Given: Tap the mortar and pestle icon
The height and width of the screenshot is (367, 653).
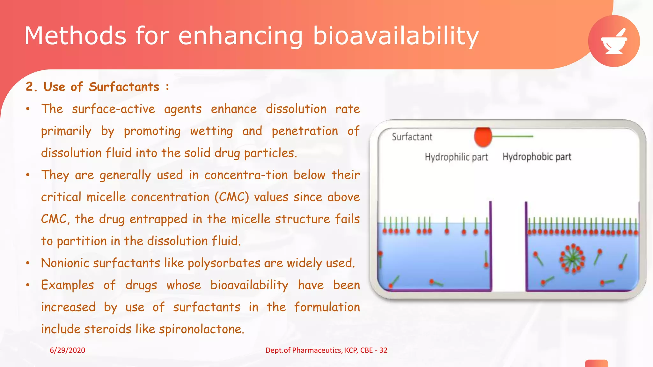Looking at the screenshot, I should coord(614,41).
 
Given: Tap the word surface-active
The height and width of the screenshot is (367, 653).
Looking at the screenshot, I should coord(114,109).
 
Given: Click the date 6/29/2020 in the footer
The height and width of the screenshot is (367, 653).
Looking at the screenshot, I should coord(67,350).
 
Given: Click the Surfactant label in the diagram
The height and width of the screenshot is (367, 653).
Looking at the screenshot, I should coord(412,137).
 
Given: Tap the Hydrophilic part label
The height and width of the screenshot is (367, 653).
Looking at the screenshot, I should coord(456,157).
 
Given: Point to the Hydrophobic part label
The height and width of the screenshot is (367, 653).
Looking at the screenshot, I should coord(537,157).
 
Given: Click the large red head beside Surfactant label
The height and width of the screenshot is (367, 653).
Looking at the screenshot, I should coord(483,137).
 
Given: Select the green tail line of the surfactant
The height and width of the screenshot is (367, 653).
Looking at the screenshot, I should coord(513,136).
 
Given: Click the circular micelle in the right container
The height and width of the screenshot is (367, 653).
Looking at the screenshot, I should coord(573,258).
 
